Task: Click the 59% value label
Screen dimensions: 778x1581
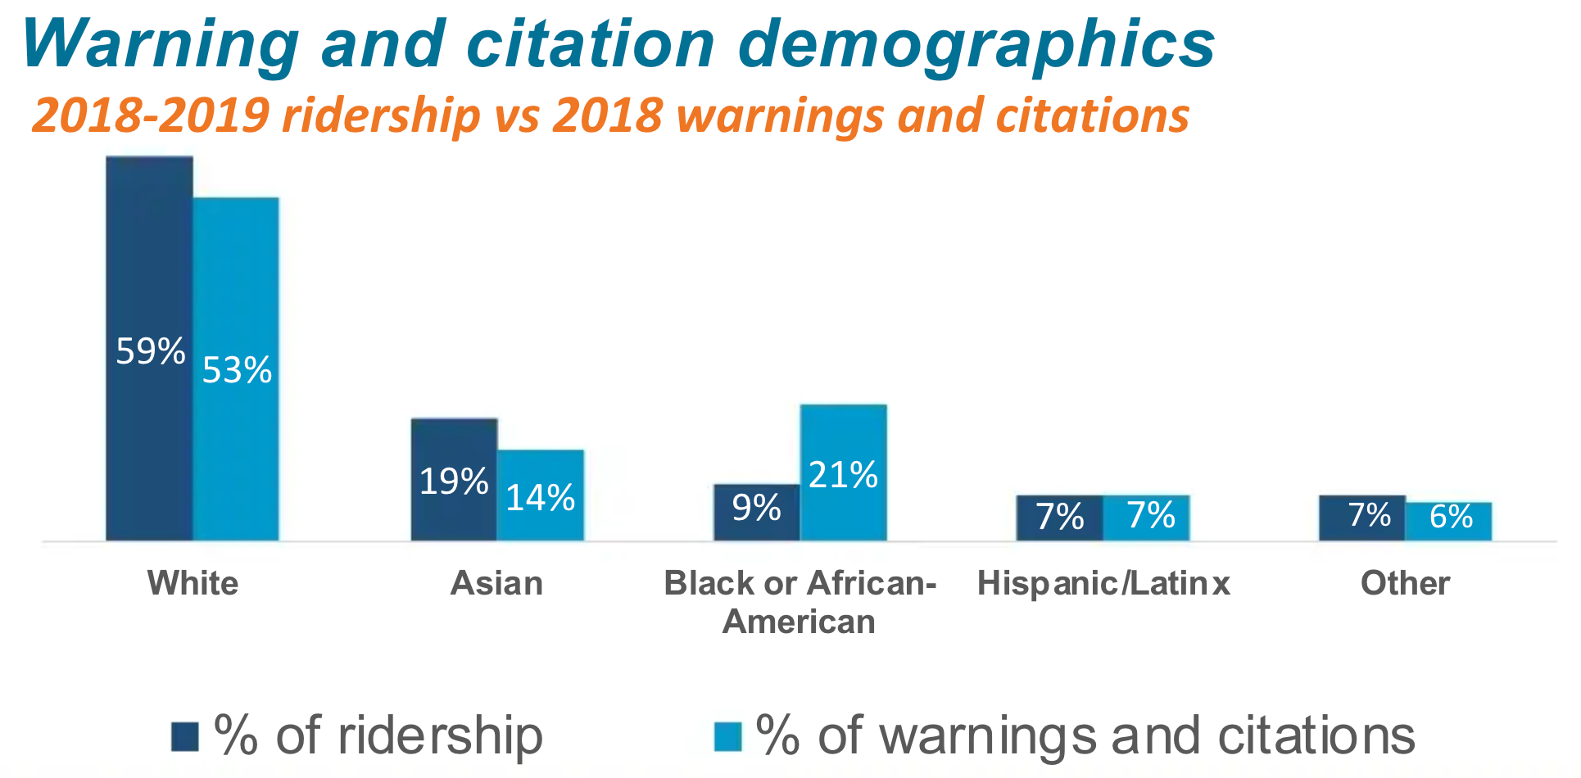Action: (151, 351)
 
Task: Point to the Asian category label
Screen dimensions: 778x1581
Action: (496, 583)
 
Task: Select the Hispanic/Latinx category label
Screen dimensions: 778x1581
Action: (1103, 583)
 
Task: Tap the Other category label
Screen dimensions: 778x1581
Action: (1405, 583)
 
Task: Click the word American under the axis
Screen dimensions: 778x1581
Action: (799, 622)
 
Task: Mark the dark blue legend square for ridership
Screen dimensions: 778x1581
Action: (185, 736)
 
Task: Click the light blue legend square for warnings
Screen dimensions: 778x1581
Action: (727, 736)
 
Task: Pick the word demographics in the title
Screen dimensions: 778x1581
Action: (976, 45)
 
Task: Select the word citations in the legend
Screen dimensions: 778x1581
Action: (1316, 735)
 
